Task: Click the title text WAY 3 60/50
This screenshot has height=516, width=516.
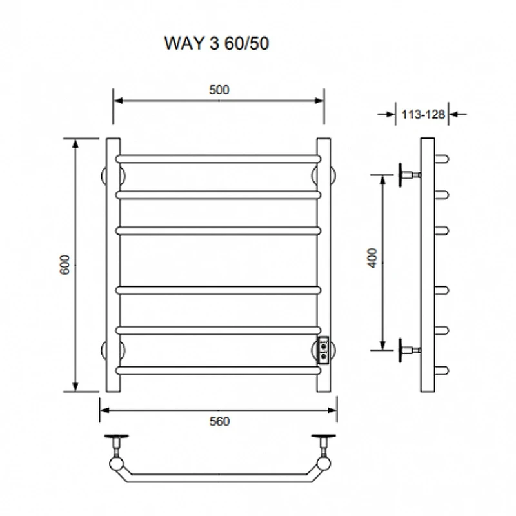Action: click(217, 43)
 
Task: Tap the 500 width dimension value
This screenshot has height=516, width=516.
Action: click(219, 90)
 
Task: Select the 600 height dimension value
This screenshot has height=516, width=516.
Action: click(65, 264)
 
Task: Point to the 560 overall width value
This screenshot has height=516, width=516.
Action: click(219, 422)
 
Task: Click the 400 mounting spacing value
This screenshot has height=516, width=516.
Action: click(373, 259)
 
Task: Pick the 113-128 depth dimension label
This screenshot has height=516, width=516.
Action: click(423, 115)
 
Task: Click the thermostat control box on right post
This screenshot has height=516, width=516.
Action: click(323, 350)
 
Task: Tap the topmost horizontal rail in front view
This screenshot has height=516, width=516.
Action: click(218, 159)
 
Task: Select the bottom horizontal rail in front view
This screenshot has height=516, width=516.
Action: click(218, 371)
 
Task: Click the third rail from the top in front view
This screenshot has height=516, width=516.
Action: click(218, 231)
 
